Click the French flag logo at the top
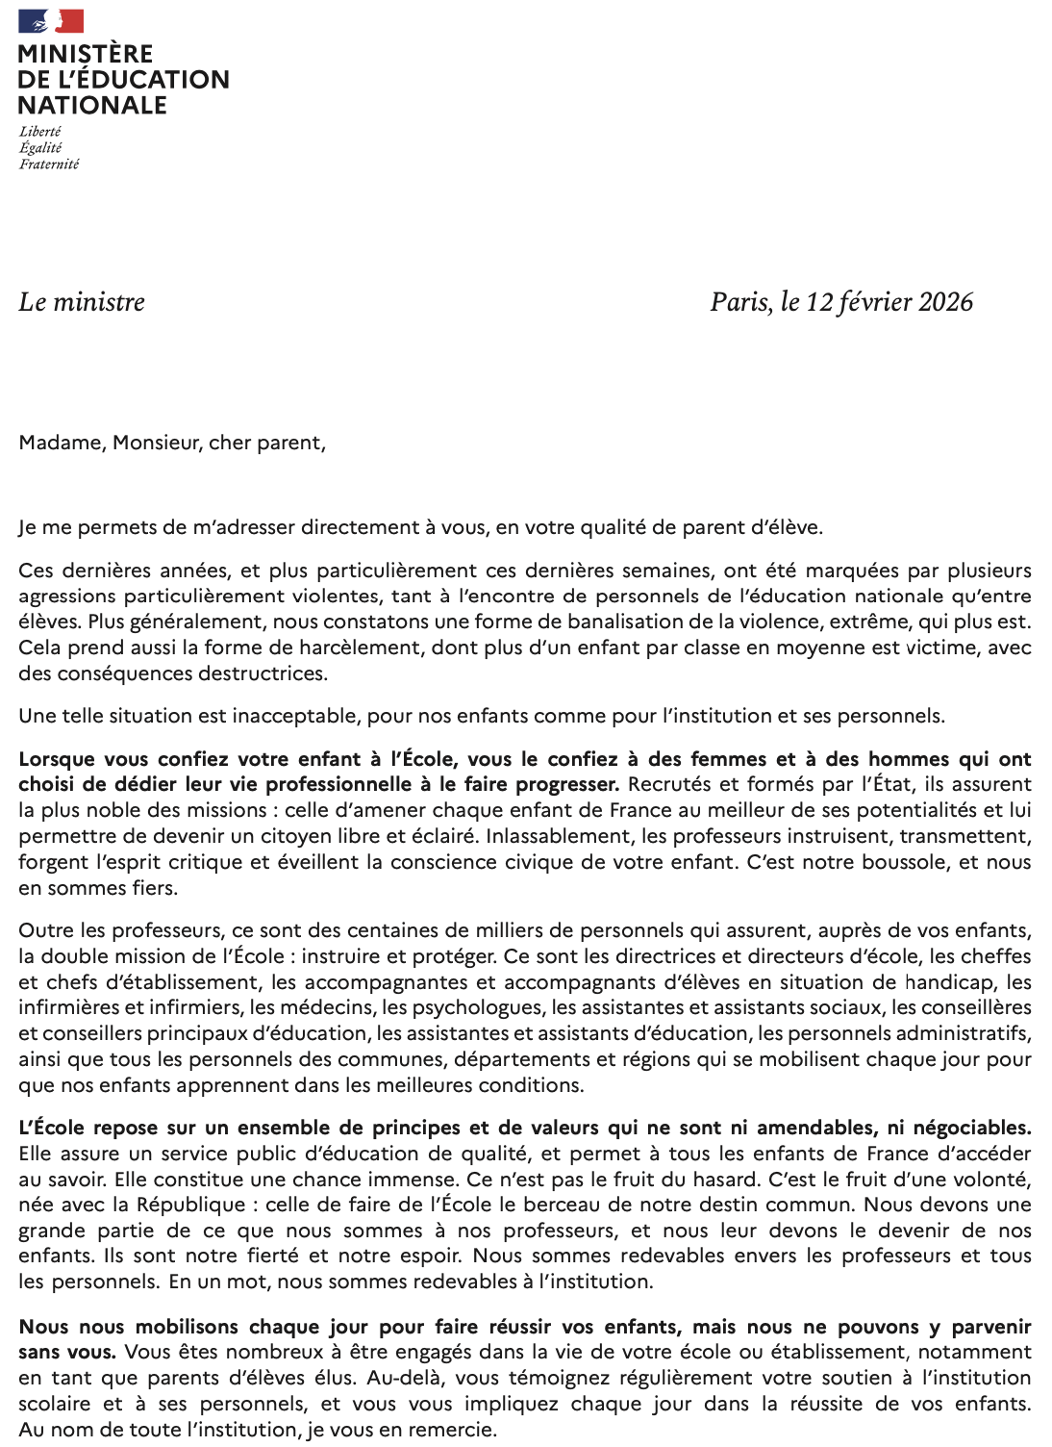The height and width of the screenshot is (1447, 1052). [x=51, y=21]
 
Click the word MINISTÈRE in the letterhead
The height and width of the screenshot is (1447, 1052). [x=86, y=54]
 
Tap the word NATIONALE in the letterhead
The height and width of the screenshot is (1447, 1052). [x=92, y=105]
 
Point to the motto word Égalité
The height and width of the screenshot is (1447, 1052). [x=40, y=148]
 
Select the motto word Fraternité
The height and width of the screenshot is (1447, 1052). [x=49, y=165]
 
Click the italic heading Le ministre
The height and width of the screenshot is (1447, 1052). [x=82, y=302]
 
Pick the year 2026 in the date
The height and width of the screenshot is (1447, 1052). [x=945, y=302]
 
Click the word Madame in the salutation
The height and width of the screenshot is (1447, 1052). [x=61, y=443]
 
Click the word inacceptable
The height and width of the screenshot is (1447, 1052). [x=295, y=716]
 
